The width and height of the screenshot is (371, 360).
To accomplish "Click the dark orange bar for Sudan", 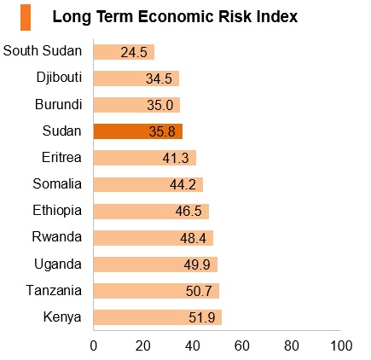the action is click(x=138, y=131).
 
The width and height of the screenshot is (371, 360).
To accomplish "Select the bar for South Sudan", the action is click(x=124, y=52).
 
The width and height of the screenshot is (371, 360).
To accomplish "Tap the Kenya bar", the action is click(x=158, y=317).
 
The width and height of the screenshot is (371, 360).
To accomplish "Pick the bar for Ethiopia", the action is click(x=151, y=212).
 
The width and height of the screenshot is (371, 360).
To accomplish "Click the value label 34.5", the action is click(x=159, y=78).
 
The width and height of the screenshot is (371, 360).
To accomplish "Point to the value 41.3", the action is click(x=176, y=158).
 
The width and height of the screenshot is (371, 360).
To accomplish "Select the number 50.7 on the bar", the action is click(x=199, y=291).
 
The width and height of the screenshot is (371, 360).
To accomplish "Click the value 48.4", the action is click(x=193, y=238).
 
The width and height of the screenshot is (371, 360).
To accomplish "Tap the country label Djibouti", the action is click(x=59, y=78).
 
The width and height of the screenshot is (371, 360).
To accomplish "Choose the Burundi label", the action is click(x=59, y=104).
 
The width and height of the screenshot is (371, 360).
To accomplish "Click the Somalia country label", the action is click(x=57, y=183).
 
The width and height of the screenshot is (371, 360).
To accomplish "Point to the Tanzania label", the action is click(x=54, y=290).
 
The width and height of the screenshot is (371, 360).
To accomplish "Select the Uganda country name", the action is click(x=58, y=264).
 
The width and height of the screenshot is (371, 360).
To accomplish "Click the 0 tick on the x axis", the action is click(x=94, y=345).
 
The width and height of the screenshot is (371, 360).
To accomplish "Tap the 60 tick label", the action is click(x=242, y=345).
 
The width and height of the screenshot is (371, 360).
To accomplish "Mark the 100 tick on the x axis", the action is click(x=341, y=345).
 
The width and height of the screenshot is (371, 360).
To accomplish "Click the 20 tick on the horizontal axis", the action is click(x=143, y=345).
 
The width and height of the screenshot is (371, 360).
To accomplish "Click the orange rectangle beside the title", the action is click(x=26, y=17).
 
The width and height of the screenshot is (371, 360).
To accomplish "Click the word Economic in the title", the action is click(x=177, y=16).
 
